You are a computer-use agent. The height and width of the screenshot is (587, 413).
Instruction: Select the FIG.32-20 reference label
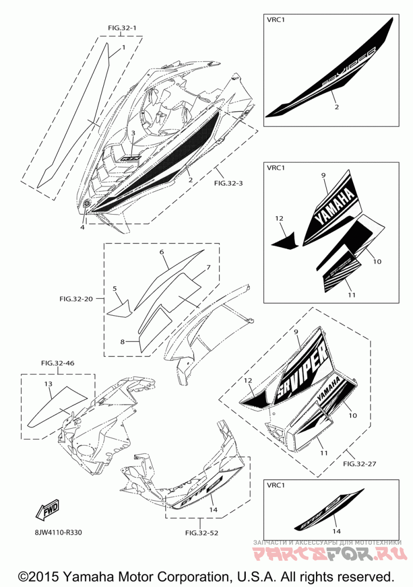(x=76, y=299)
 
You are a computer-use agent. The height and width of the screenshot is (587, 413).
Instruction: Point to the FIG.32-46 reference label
(x=57, y=364)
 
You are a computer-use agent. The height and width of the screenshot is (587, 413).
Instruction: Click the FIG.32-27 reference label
(x=359, y=464)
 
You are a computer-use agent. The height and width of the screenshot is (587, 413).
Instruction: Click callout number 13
(x=48, y=384)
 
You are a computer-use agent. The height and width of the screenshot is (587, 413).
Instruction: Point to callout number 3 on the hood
(x=133, y=133)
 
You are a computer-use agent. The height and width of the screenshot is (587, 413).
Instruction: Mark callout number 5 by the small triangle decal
(x=115, y=289)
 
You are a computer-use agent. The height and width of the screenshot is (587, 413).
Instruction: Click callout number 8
(x=123, y=341)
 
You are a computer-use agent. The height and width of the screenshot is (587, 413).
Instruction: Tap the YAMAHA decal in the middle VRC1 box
(x=335, y=208)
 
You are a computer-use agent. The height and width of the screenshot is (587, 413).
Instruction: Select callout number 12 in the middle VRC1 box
(x=279, y=219)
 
